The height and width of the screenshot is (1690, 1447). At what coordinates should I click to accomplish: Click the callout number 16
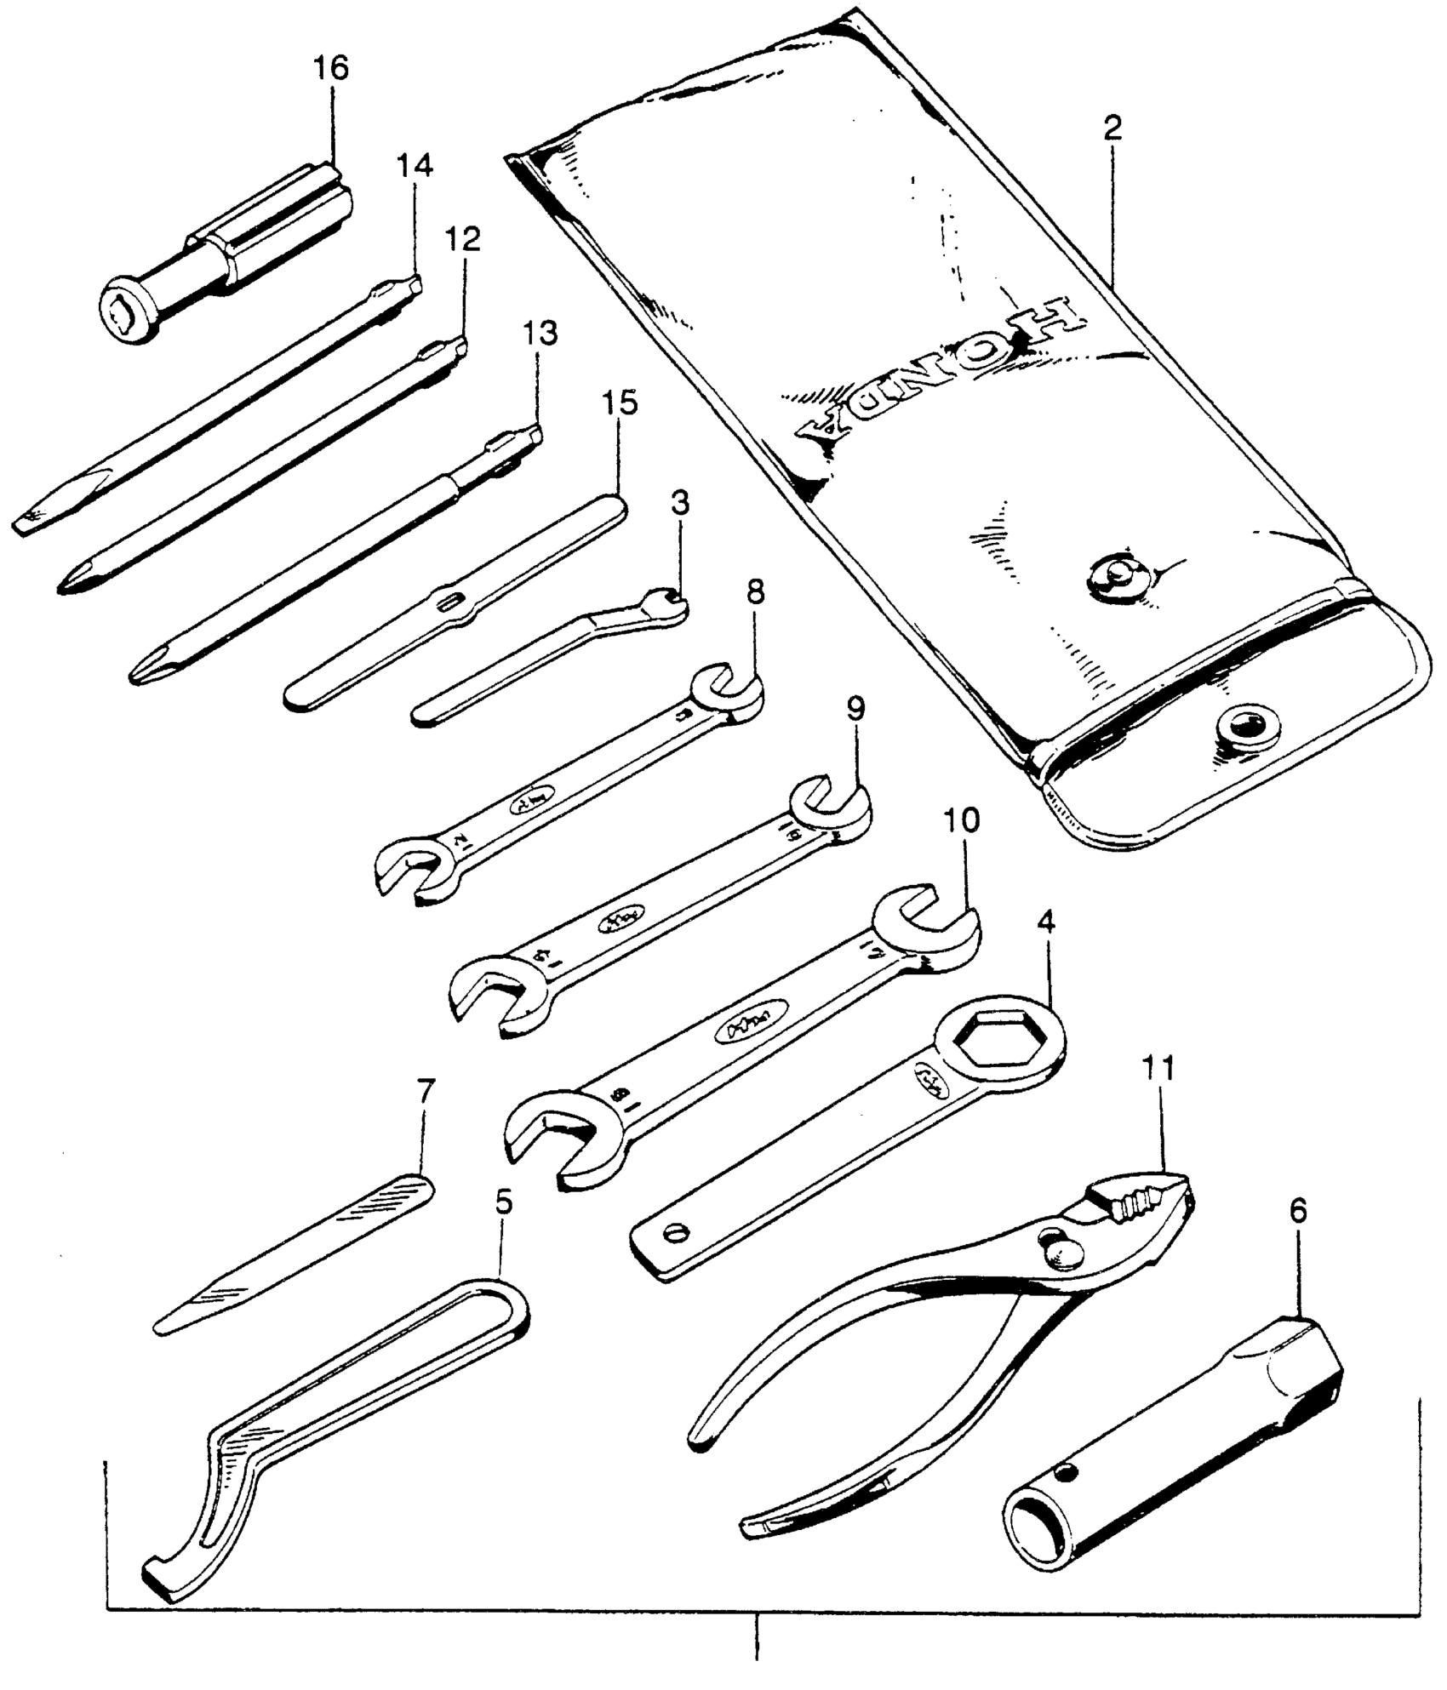coord(332,67)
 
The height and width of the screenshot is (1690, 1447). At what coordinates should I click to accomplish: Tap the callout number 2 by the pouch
coord(1112,128)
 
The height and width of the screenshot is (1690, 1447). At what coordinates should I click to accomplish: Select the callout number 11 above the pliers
coord(1159,1068)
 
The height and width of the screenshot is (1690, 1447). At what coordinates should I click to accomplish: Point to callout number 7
coord(426,1090)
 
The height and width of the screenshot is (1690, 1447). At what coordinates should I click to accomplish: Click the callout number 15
coord(621,403)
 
